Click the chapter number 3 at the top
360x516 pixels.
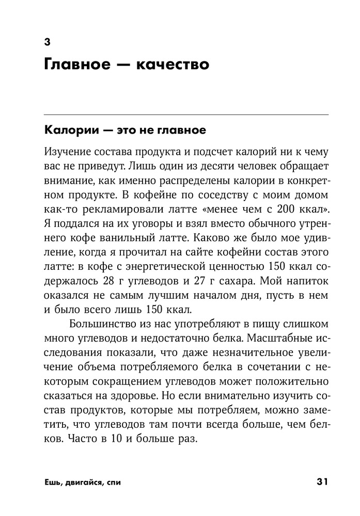[x=47, y=43]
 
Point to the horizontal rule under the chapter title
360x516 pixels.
[x=186, y=114]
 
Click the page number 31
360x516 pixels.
[x=322, y=482]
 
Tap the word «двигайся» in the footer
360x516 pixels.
[x=83, y=483]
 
